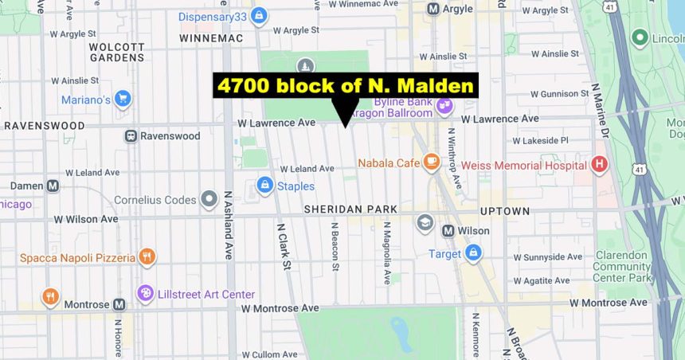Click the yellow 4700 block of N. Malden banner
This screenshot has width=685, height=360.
click(x=345, y=85)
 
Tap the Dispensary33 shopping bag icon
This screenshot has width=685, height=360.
click(x=258, y=16)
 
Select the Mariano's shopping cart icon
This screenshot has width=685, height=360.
click(x=122, y=99)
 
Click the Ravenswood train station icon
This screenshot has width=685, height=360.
click(x=130, y=136)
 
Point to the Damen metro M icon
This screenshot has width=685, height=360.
click(x=53, y=186)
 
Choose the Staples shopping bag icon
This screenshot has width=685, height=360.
click(x=264, y=186)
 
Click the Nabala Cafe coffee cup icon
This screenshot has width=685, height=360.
click(x=432, y=162)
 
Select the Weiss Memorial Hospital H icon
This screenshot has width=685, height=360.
click(x=600, y=165)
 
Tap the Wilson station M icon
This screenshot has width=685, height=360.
click(x=448, y=231)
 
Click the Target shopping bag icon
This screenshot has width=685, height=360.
click(x=473, y=253)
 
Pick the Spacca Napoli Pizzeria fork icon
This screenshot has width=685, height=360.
click(x=146, y=257)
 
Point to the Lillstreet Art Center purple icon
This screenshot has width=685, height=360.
click(x=145, y=294)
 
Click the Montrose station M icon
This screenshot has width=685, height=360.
click(x=119, y=304)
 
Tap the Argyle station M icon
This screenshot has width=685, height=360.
click(x=433, y=8)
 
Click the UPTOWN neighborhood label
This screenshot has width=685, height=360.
click(x=505, y=211)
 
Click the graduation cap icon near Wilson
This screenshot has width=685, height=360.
click(x=425, y=221)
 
